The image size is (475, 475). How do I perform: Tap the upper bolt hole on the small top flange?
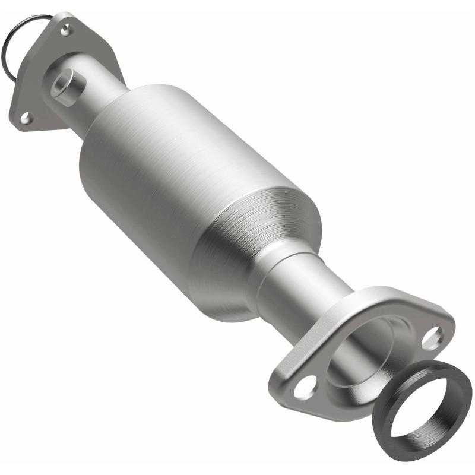coord(65,27)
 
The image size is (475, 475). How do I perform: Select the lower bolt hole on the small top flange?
coord(26,118)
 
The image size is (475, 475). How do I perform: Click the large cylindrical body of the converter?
coord(178,172)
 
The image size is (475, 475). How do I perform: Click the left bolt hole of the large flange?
coord(305,388)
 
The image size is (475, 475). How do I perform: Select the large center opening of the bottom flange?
coord(368,356)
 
